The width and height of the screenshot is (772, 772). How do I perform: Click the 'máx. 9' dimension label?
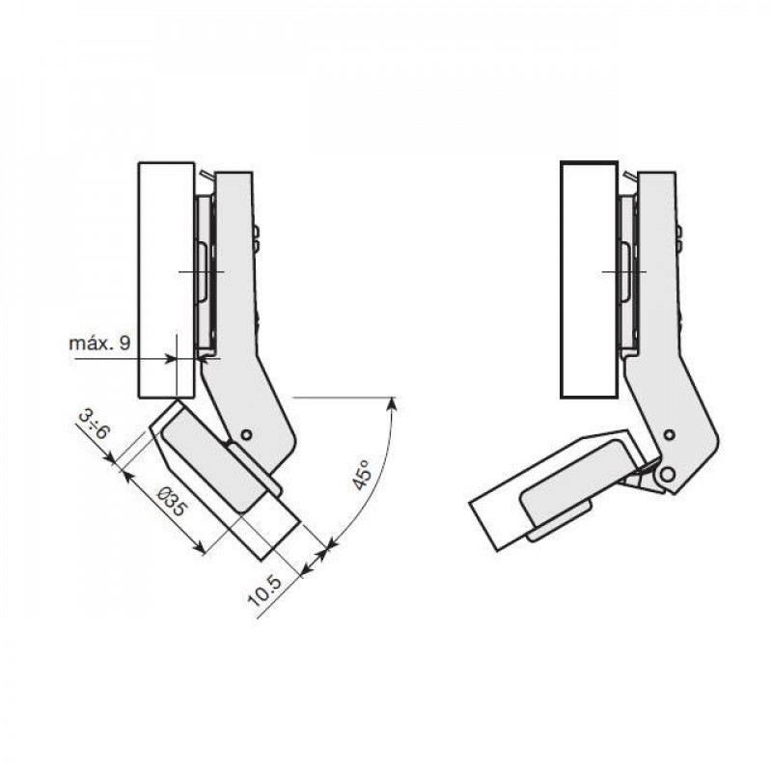click(99, 344)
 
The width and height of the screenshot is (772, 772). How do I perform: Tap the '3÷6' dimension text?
click(94, 426)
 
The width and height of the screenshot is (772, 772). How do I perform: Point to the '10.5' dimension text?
click(264, 591)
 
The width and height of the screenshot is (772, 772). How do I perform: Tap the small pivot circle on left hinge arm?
click(246, 435)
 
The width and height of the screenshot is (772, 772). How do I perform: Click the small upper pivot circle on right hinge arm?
click(669, 435)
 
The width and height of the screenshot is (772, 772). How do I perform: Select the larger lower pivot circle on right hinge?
click(667, 475)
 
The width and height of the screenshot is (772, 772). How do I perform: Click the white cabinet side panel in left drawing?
click(166, 280)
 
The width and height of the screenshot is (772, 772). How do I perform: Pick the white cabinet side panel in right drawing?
click(589, 279)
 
